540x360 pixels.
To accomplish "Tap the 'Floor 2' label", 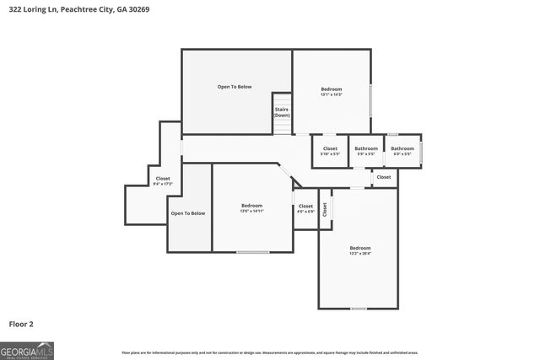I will [22, 324].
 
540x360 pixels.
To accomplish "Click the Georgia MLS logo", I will [27, 350].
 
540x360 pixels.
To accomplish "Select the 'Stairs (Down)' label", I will [282, 111].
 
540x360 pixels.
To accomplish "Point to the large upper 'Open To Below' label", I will [235, 87].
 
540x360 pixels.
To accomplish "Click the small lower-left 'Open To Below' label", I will [188, 213].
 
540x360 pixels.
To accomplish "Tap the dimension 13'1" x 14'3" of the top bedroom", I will [331, 95].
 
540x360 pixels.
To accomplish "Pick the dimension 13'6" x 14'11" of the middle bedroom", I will [252, 211].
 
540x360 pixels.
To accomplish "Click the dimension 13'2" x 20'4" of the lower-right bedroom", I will [360, 253].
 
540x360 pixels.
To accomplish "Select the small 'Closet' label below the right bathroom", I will [384, 177].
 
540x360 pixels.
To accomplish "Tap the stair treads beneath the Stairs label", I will [282, 126].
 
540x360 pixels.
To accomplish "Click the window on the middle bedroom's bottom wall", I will [252, 251].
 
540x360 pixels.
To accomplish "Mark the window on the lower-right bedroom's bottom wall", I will [359, 309].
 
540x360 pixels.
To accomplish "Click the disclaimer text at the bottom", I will [270, 352].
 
